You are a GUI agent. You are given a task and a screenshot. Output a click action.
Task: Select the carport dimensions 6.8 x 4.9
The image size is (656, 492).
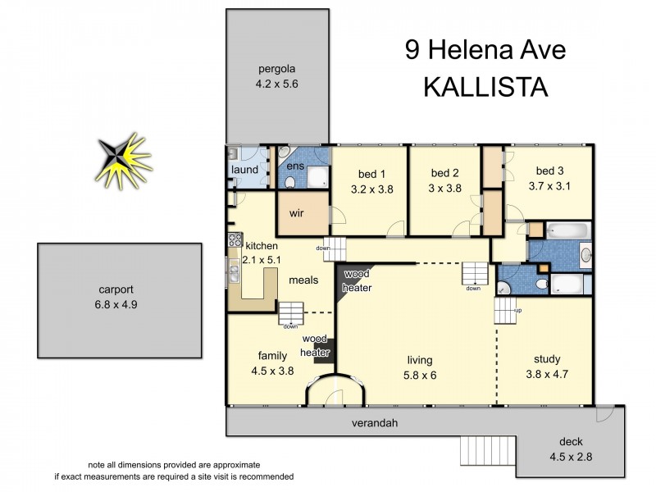tap(119, 304)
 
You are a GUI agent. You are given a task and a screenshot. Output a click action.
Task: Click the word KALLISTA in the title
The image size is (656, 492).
tap(485, 86)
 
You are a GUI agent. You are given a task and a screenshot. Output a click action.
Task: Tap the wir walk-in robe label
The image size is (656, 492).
tap(297, 212)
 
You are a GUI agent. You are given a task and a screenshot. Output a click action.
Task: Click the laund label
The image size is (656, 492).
tap(244, 170)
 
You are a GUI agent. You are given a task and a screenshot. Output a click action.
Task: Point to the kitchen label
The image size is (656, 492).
tap(262, 246)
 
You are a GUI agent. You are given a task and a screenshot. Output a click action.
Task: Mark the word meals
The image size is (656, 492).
tap(303, 280)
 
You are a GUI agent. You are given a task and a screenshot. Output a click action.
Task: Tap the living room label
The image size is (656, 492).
tap(419, 360)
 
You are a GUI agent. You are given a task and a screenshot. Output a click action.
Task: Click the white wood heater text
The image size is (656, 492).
tap(357, 280)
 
